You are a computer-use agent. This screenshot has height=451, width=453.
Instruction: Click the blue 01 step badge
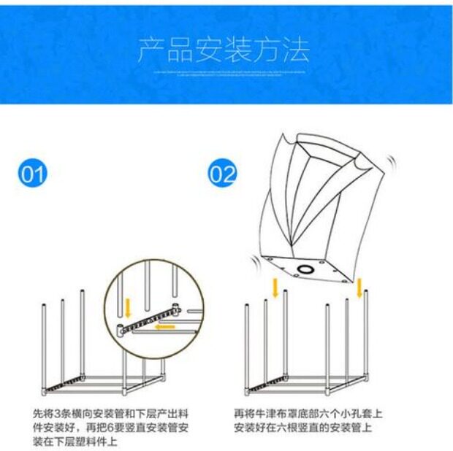[34, 175]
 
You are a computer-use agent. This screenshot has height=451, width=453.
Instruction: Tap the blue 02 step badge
[223, 175]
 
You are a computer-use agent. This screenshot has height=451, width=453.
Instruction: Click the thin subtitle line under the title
[224, 73]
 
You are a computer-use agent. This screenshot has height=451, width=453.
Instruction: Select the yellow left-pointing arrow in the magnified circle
[164, 326]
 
